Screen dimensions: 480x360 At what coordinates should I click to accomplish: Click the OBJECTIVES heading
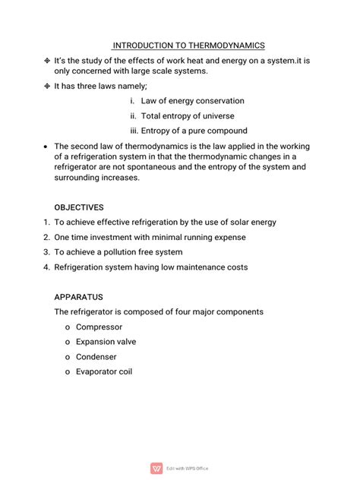(79, 207)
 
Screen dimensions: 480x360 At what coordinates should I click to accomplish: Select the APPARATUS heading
(78, 296)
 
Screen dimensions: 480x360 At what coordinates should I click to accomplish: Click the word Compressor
(99, 327)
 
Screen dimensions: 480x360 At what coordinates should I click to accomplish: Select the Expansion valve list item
(106, 342)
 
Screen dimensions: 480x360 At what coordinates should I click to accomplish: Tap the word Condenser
(96, 356)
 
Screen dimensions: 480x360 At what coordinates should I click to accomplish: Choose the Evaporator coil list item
(104, 371)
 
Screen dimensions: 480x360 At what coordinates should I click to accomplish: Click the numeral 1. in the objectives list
(46, 222)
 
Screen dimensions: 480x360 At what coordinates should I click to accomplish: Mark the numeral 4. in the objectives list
(46, 267)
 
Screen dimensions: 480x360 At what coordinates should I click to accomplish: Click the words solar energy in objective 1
(248, 222)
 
